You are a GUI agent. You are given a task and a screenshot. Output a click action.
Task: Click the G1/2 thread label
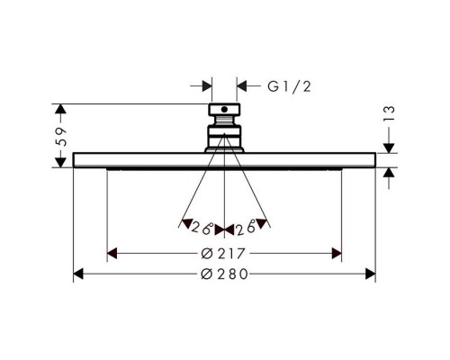tap(289, 86)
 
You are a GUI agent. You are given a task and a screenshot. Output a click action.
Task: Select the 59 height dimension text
tap(61, 137)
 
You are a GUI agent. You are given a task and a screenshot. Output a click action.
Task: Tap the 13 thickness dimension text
tap(389, 113)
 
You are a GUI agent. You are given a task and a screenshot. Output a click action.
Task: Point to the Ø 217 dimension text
tap(223, 254)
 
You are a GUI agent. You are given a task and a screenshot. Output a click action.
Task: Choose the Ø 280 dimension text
tap(224, 274)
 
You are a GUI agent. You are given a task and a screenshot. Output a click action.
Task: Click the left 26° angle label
tap(202, 228)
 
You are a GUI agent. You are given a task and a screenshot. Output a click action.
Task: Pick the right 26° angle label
tap(246, 228)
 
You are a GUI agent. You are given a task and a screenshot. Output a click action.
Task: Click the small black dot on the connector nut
tap(224, 110)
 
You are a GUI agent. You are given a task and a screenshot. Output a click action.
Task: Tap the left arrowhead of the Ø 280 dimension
tap(78, 274)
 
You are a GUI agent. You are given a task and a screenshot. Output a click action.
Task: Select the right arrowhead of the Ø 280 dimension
tap(371, 274)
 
